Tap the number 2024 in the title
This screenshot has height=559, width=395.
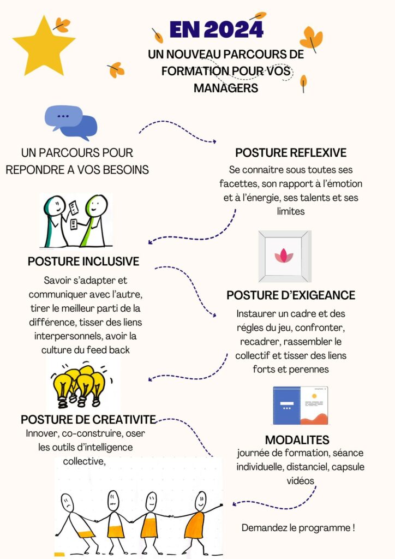(x=234, y=29)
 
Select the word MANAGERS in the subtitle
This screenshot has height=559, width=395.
(x=226, y=88)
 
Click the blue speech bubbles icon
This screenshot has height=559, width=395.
(x=71, y=122)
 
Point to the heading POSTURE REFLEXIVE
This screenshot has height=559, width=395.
(x=291, y=153)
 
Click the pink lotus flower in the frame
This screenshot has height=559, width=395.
(x=284, y=255)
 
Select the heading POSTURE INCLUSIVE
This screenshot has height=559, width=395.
(x=83, y=261)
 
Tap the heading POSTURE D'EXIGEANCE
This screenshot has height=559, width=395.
(x=291, y=295)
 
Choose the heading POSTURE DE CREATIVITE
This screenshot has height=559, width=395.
(x=88, y=419)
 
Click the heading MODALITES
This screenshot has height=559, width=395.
(x=297, y=440)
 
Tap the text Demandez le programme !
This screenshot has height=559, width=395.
(x=298, y=528)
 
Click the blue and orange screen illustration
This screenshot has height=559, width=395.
(x=301, y=406)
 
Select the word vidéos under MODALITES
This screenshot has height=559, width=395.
(x=300, y=480)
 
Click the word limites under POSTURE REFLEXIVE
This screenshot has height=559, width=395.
(x=291, y=211)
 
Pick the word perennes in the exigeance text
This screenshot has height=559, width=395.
(x=308, y=370)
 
